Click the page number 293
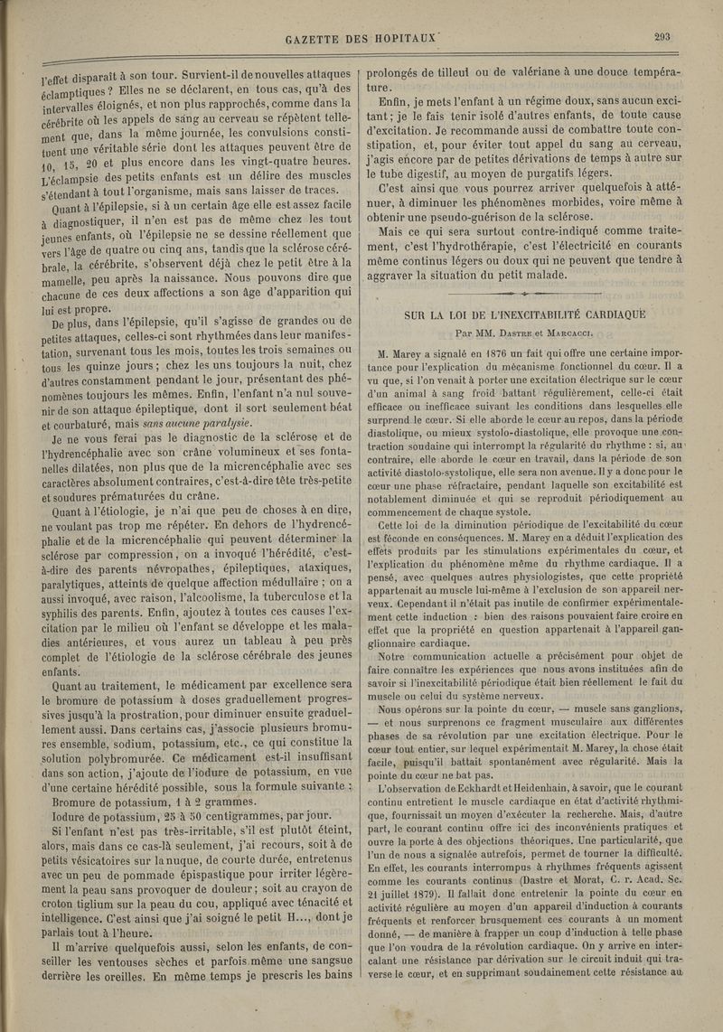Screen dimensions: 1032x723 click(667, 38)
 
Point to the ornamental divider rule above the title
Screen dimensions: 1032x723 click(527, 294)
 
